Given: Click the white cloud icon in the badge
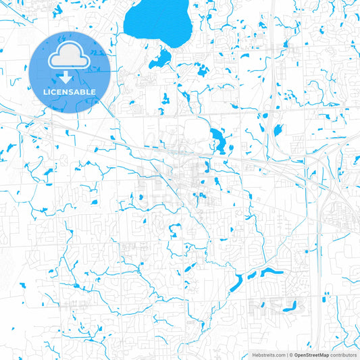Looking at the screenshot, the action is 70,57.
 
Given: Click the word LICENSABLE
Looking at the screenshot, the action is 70,92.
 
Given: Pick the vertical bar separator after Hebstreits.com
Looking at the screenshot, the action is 286,355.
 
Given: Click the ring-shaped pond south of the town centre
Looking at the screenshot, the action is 174,231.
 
